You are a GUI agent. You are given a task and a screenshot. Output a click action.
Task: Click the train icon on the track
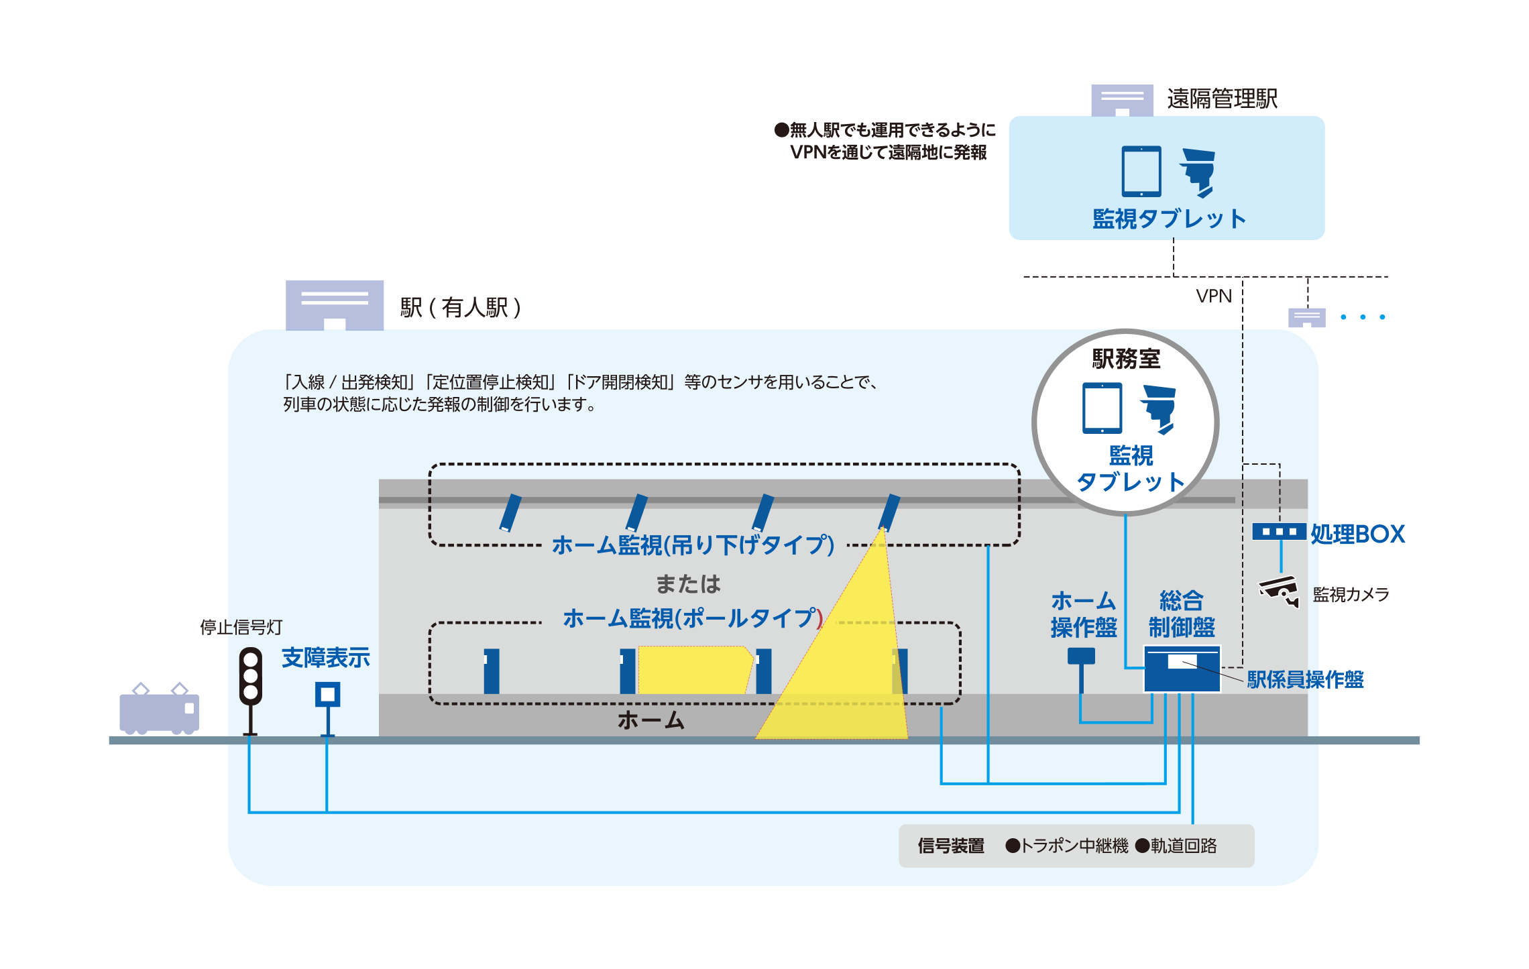(x=159, y=711)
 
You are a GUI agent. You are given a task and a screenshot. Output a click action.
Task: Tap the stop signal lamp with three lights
(x=251, y=676)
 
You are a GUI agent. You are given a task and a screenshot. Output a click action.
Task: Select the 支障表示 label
(x=326, y=658)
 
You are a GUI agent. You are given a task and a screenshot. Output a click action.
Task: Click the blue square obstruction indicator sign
(x=328, y=694)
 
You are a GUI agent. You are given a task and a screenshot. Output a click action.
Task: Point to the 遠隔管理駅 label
(x=1222, y=99)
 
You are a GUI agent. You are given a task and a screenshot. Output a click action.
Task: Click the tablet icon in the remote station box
(x=1141, y=172)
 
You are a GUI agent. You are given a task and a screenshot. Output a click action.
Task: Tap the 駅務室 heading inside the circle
(x=1126, y=359)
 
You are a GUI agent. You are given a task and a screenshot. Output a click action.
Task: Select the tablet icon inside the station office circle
(x=1102, y=408)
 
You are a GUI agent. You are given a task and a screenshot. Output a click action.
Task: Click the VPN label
(x=1214, y=296)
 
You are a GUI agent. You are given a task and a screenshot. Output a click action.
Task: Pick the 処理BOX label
(x=1357, y=534)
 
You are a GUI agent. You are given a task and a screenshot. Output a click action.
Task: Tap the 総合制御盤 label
(x=1182, y=614)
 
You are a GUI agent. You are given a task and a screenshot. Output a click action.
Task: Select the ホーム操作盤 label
(x=1084, y=614)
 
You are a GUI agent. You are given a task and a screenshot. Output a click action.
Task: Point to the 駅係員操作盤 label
(x=1305, y=680)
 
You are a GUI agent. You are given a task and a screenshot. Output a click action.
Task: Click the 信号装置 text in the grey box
(x=951, y=846)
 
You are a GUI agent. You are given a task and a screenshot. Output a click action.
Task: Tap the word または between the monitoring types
(x=688, y=584)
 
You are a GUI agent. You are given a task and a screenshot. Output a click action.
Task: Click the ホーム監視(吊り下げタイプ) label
(x=693, y=545)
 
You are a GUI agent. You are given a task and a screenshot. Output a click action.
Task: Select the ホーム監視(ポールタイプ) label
(x=693, y=618)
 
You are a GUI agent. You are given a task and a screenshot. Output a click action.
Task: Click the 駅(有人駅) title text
(x=460, y=308)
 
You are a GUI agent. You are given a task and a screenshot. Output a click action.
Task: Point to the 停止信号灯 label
(x=241, y=628)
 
